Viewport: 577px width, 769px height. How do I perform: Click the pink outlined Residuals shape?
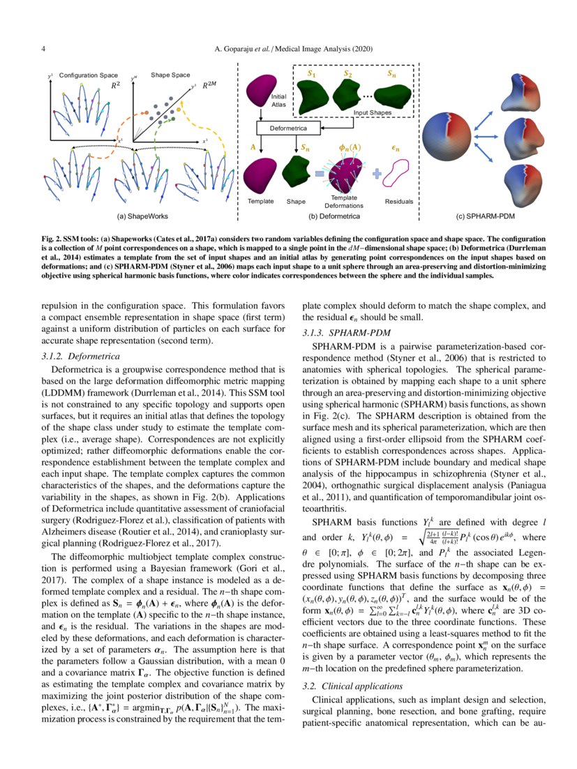(399, 174)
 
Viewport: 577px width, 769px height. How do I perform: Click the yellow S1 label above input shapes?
(311, 72)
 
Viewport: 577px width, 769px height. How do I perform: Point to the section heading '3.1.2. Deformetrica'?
(73, 356)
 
